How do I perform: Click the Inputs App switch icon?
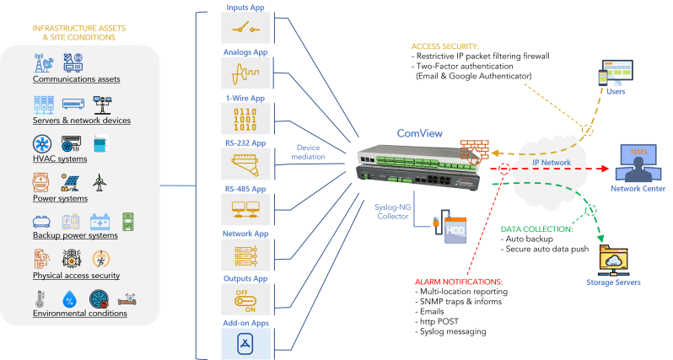[245, 29]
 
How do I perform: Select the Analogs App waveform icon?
[245, 74]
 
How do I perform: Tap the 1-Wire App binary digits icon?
[245, 119]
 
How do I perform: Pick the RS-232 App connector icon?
[245, 164]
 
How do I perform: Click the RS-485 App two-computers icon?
[245, 209]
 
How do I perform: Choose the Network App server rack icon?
[246, 255]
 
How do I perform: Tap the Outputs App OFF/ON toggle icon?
[245, 301]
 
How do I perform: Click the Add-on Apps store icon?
[245, 344]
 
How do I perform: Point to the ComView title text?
[419, 133]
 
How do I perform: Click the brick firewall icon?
[475, 151]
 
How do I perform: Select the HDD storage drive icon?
[450, 227]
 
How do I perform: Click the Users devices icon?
[616, 73]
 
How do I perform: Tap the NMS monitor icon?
[638, 163]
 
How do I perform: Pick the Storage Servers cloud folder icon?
[613, 261]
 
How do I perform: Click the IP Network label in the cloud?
[552, 163]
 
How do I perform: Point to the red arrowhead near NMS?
[606, 169]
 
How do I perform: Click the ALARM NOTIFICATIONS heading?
[459, 282]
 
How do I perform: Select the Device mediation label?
[308, 153]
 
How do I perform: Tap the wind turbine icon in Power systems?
[100, 182]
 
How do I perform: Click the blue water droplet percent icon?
[69, 299]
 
